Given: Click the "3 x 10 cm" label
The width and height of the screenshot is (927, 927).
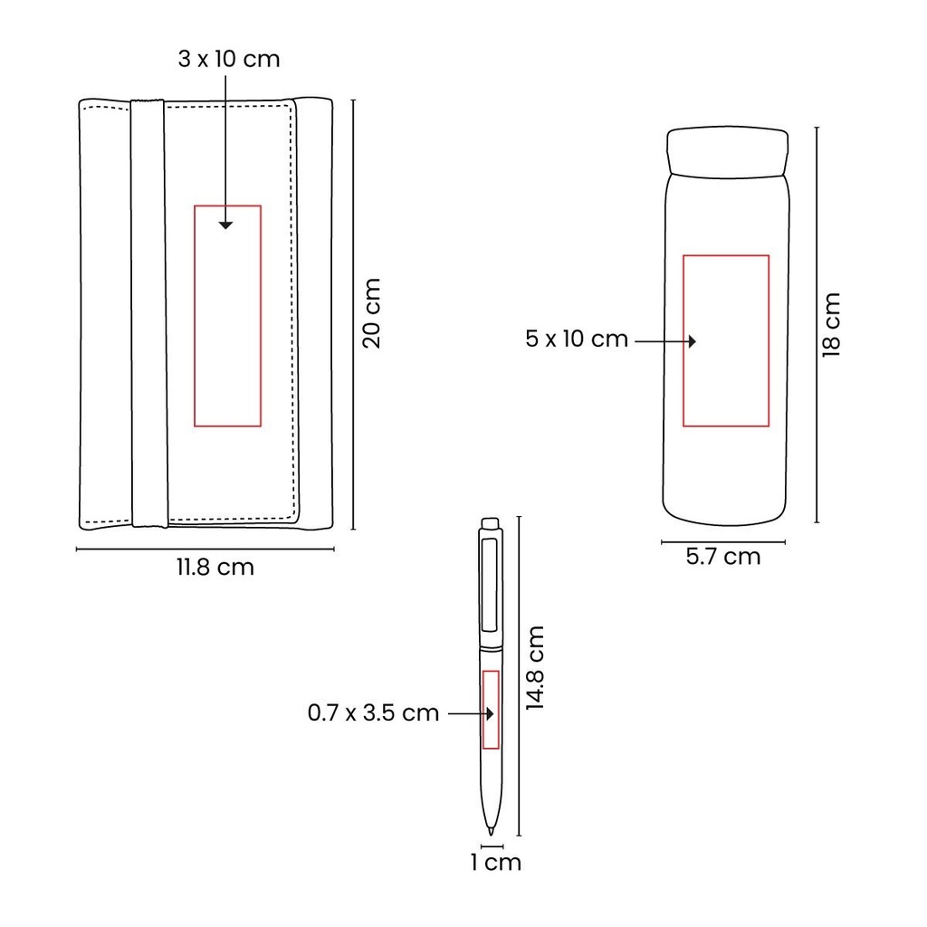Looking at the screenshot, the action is click(229, 59).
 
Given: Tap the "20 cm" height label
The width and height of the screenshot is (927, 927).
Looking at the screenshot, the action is click(371, 313).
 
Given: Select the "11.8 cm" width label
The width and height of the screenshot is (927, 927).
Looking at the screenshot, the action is click(215, 567).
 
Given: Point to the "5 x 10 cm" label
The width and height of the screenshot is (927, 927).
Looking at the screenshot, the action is click(577, 339).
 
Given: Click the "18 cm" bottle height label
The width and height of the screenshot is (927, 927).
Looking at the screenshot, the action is click(831, 325).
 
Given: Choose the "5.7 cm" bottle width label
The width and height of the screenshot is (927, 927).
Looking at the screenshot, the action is click(723, 557).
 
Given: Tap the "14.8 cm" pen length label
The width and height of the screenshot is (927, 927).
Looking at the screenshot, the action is click(535, 667).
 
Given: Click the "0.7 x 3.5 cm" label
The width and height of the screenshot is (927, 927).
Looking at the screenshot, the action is click(373, 712).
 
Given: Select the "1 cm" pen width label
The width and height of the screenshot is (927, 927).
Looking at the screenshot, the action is click(495, 863).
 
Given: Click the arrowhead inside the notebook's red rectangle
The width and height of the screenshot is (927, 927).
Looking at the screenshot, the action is click(225, 225).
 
